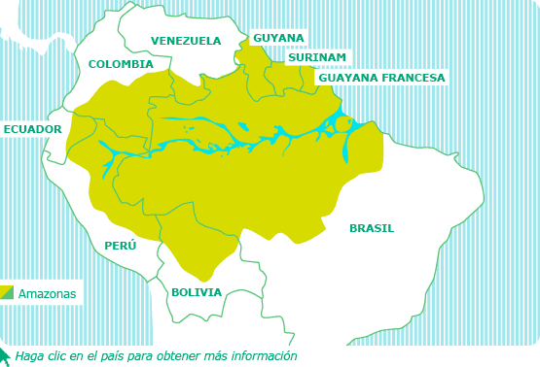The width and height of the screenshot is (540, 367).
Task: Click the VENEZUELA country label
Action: point(186,41)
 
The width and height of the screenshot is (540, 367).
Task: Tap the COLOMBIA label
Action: point(121,64)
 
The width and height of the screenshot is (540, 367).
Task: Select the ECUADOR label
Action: point(32,129)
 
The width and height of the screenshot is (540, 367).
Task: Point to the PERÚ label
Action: point(121,246)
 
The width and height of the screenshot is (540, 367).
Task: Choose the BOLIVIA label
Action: point(197,292)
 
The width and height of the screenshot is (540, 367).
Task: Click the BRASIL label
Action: point(372,228)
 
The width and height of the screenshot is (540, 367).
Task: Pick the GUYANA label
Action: point(278,38)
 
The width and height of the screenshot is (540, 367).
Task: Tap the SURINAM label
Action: point(317,57)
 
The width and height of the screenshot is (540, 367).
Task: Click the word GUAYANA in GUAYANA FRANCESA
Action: point(347,78)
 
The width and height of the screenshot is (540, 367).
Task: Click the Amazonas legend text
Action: point(47,293)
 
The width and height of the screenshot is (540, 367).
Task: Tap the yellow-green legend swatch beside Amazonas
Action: point(7,292)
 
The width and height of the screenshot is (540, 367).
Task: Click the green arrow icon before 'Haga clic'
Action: point(5,354)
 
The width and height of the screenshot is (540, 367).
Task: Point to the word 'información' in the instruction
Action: point(264,356)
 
